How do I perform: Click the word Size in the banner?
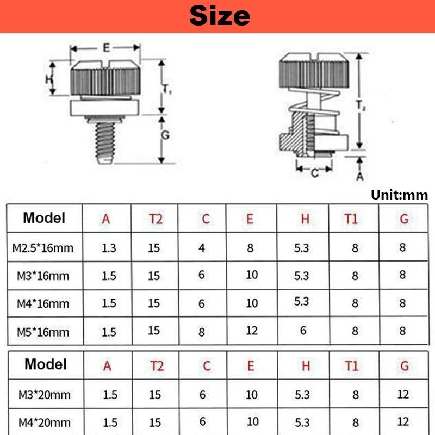(220, 16)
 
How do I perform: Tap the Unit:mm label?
(399, 195)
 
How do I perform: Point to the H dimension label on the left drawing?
(49, 79)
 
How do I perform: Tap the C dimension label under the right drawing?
(314, 173)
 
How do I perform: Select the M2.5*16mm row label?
(42, 248)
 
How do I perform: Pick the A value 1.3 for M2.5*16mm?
(109, 248)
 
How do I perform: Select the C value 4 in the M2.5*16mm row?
(202, 248)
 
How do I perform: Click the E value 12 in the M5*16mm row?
(251, 331)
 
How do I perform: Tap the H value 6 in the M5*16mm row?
(303, 330)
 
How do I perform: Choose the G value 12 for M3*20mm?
(402, 394)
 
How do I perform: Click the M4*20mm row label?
(44, 422)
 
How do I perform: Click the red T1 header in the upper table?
(351, 219)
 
